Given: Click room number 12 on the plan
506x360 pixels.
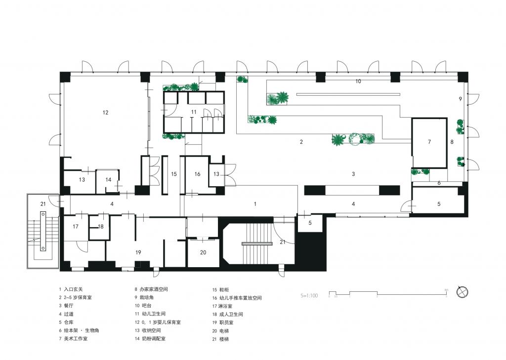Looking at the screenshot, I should tap(105, 113).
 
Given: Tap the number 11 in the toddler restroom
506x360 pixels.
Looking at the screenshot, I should tap(194, 112).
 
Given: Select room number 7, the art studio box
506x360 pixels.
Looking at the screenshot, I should tap(429, 142).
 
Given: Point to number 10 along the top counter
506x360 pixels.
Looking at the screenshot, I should tap(358, 80).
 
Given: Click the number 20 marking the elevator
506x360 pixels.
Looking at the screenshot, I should tap(203, 252).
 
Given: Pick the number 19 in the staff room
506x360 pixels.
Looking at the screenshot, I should tap(138, 252).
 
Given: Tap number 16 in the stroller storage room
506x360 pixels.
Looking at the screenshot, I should tap(197, 174).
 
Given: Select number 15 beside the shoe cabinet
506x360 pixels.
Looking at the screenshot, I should tap(174, 174).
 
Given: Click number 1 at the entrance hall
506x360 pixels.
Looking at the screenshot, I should tap(255, 203).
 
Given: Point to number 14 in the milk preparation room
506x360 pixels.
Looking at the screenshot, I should tap(108, 180).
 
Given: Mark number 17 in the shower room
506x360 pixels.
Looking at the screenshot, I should tap(76, 227).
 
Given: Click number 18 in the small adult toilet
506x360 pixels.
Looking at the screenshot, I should tap(101, 227).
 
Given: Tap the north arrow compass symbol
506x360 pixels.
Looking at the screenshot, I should tap(462, 292).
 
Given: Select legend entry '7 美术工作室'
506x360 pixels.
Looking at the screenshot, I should tap(74, 339).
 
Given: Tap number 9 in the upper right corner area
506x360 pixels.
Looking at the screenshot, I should tap(460, 99).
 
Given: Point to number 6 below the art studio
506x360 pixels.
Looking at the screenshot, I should tap(438, 183).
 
